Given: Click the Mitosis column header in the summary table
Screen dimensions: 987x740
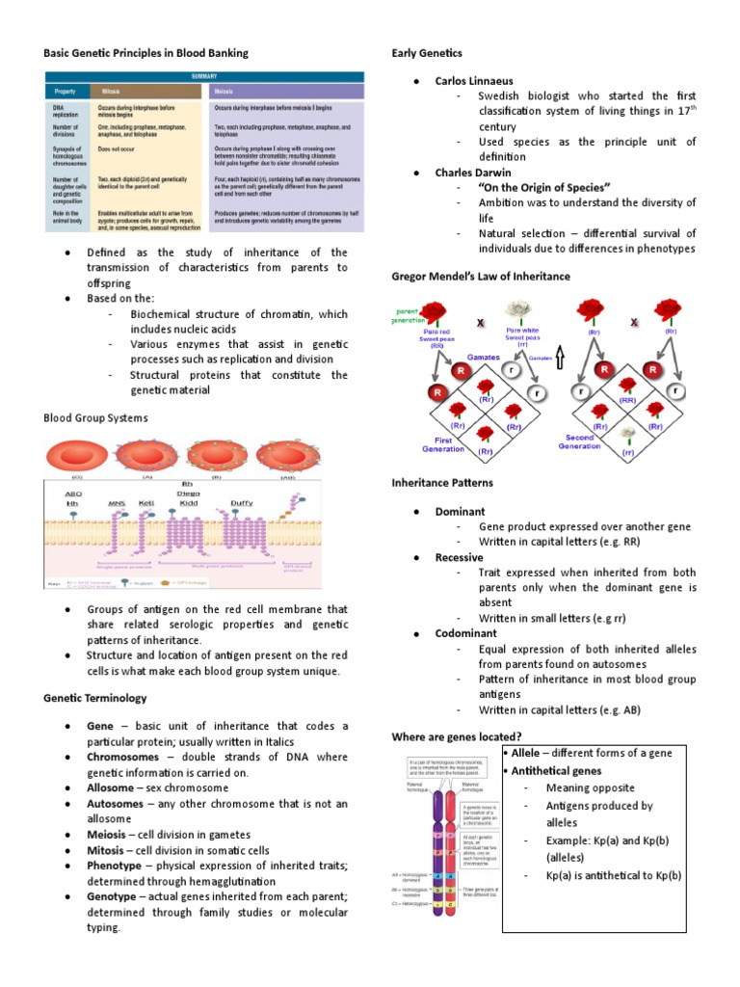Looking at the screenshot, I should (115, 90).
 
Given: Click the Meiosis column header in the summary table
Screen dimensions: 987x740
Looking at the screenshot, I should (224, 90).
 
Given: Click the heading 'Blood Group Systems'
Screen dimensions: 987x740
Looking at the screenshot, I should (95, 417).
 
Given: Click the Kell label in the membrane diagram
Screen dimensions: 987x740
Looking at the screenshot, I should (145, 501).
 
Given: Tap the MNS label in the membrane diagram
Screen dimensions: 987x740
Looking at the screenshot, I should (116, 501).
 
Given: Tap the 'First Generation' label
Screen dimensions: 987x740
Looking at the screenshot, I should (443, 443).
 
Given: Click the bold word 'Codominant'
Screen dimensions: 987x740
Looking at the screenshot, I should (465, 633).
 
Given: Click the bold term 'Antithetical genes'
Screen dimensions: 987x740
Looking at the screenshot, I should (557, 770).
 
